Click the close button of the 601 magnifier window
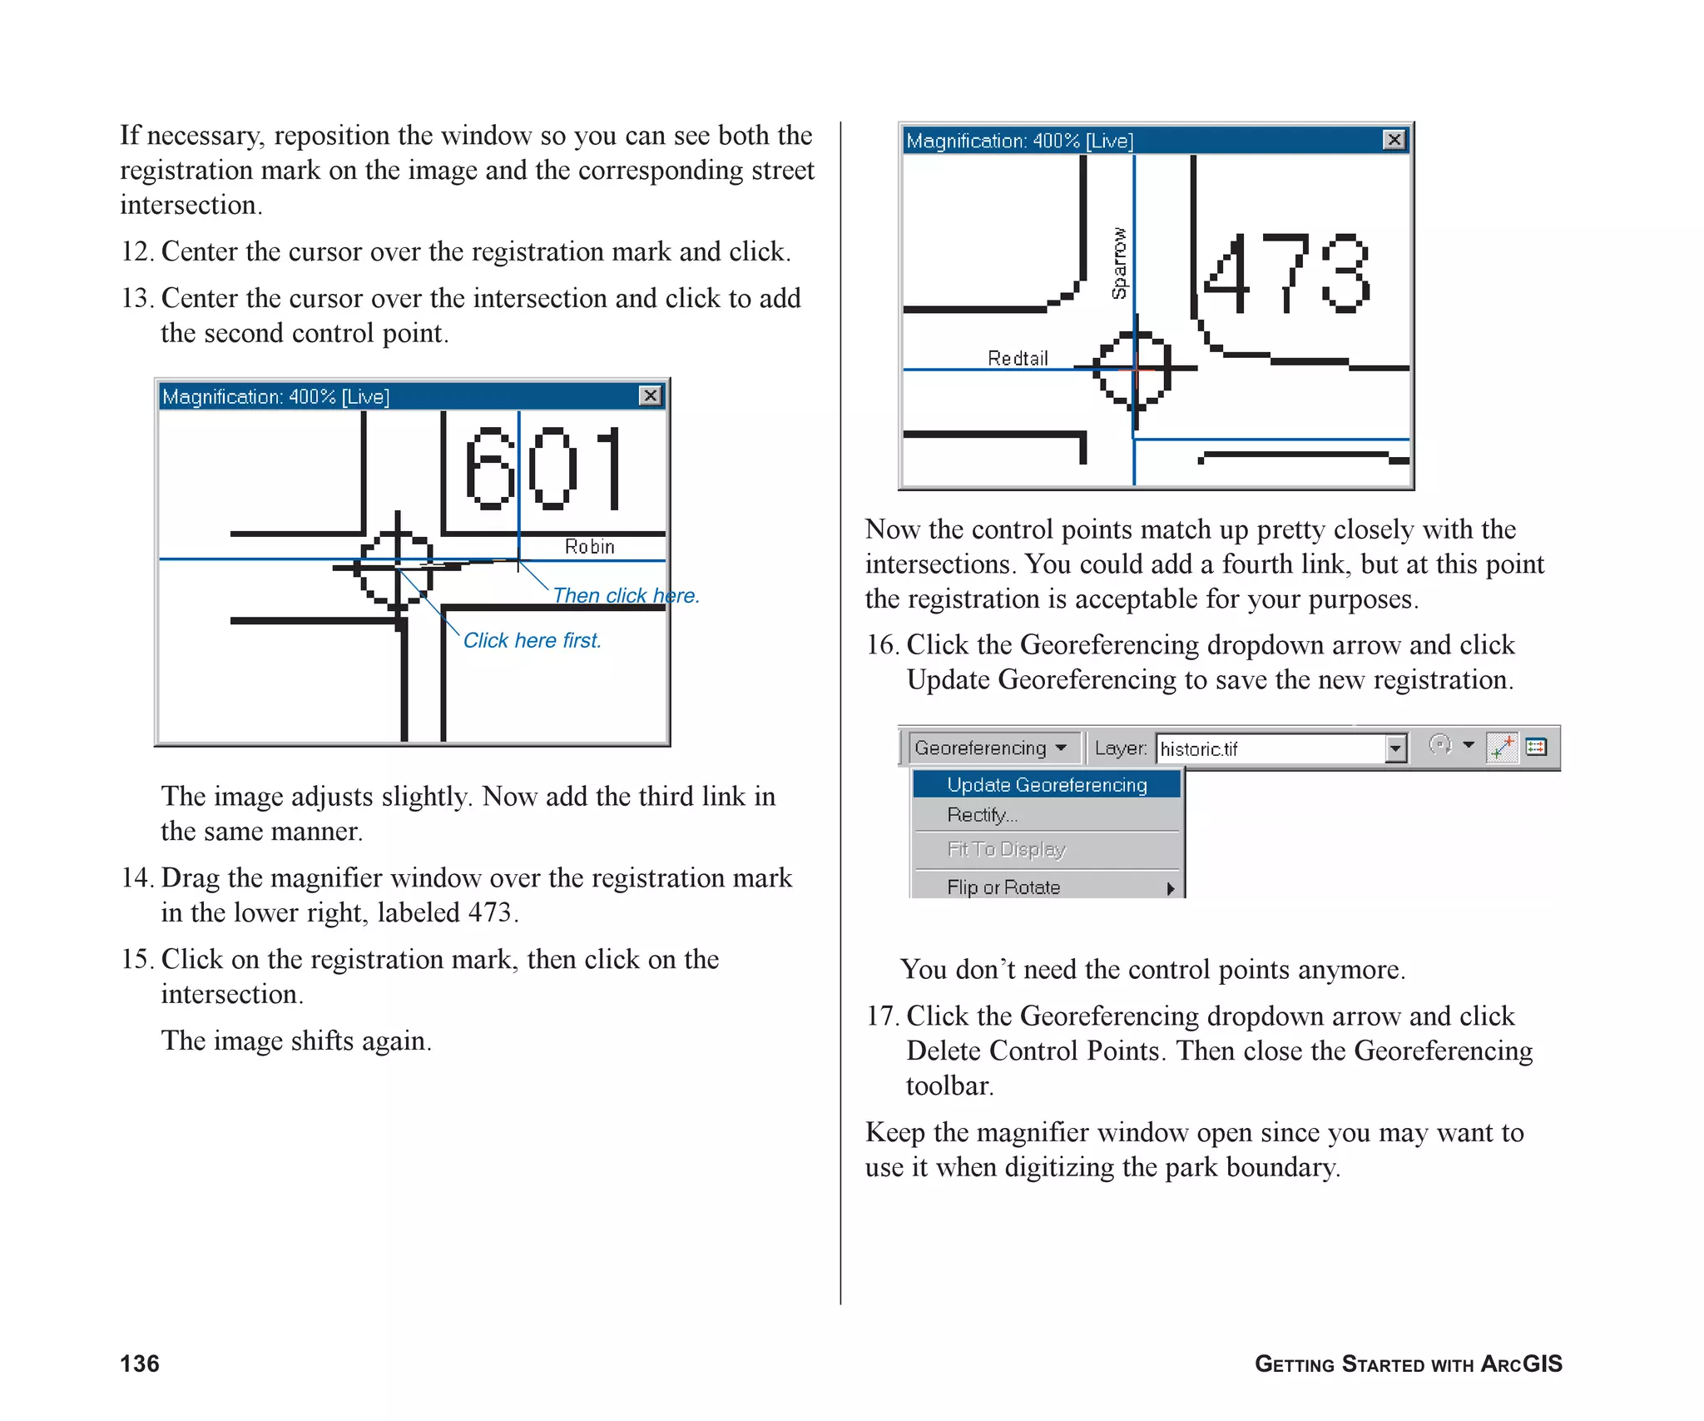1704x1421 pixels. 650,395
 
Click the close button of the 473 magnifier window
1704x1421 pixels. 1394,140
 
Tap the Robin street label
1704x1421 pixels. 589,547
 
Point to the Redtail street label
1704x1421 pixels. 1017,359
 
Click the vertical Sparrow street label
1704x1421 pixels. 1119,263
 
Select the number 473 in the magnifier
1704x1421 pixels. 1285,273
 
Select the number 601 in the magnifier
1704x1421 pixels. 542,468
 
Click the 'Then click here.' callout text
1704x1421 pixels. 626,596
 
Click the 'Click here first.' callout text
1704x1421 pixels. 532,641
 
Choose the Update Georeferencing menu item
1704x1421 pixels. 1046,785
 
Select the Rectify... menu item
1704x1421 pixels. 982,816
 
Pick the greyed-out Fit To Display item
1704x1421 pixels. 1005,850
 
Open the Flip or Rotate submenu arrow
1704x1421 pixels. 1170,888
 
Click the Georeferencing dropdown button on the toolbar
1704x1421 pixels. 990,748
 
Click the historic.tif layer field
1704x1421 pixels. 1269,749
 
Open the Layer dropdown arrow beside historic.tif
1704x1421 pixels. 1396,749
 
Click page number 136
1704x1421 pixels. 140,1364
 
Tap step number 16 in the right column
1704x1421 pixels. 881,645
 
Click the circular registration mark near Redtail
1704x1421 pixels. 1132,368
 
